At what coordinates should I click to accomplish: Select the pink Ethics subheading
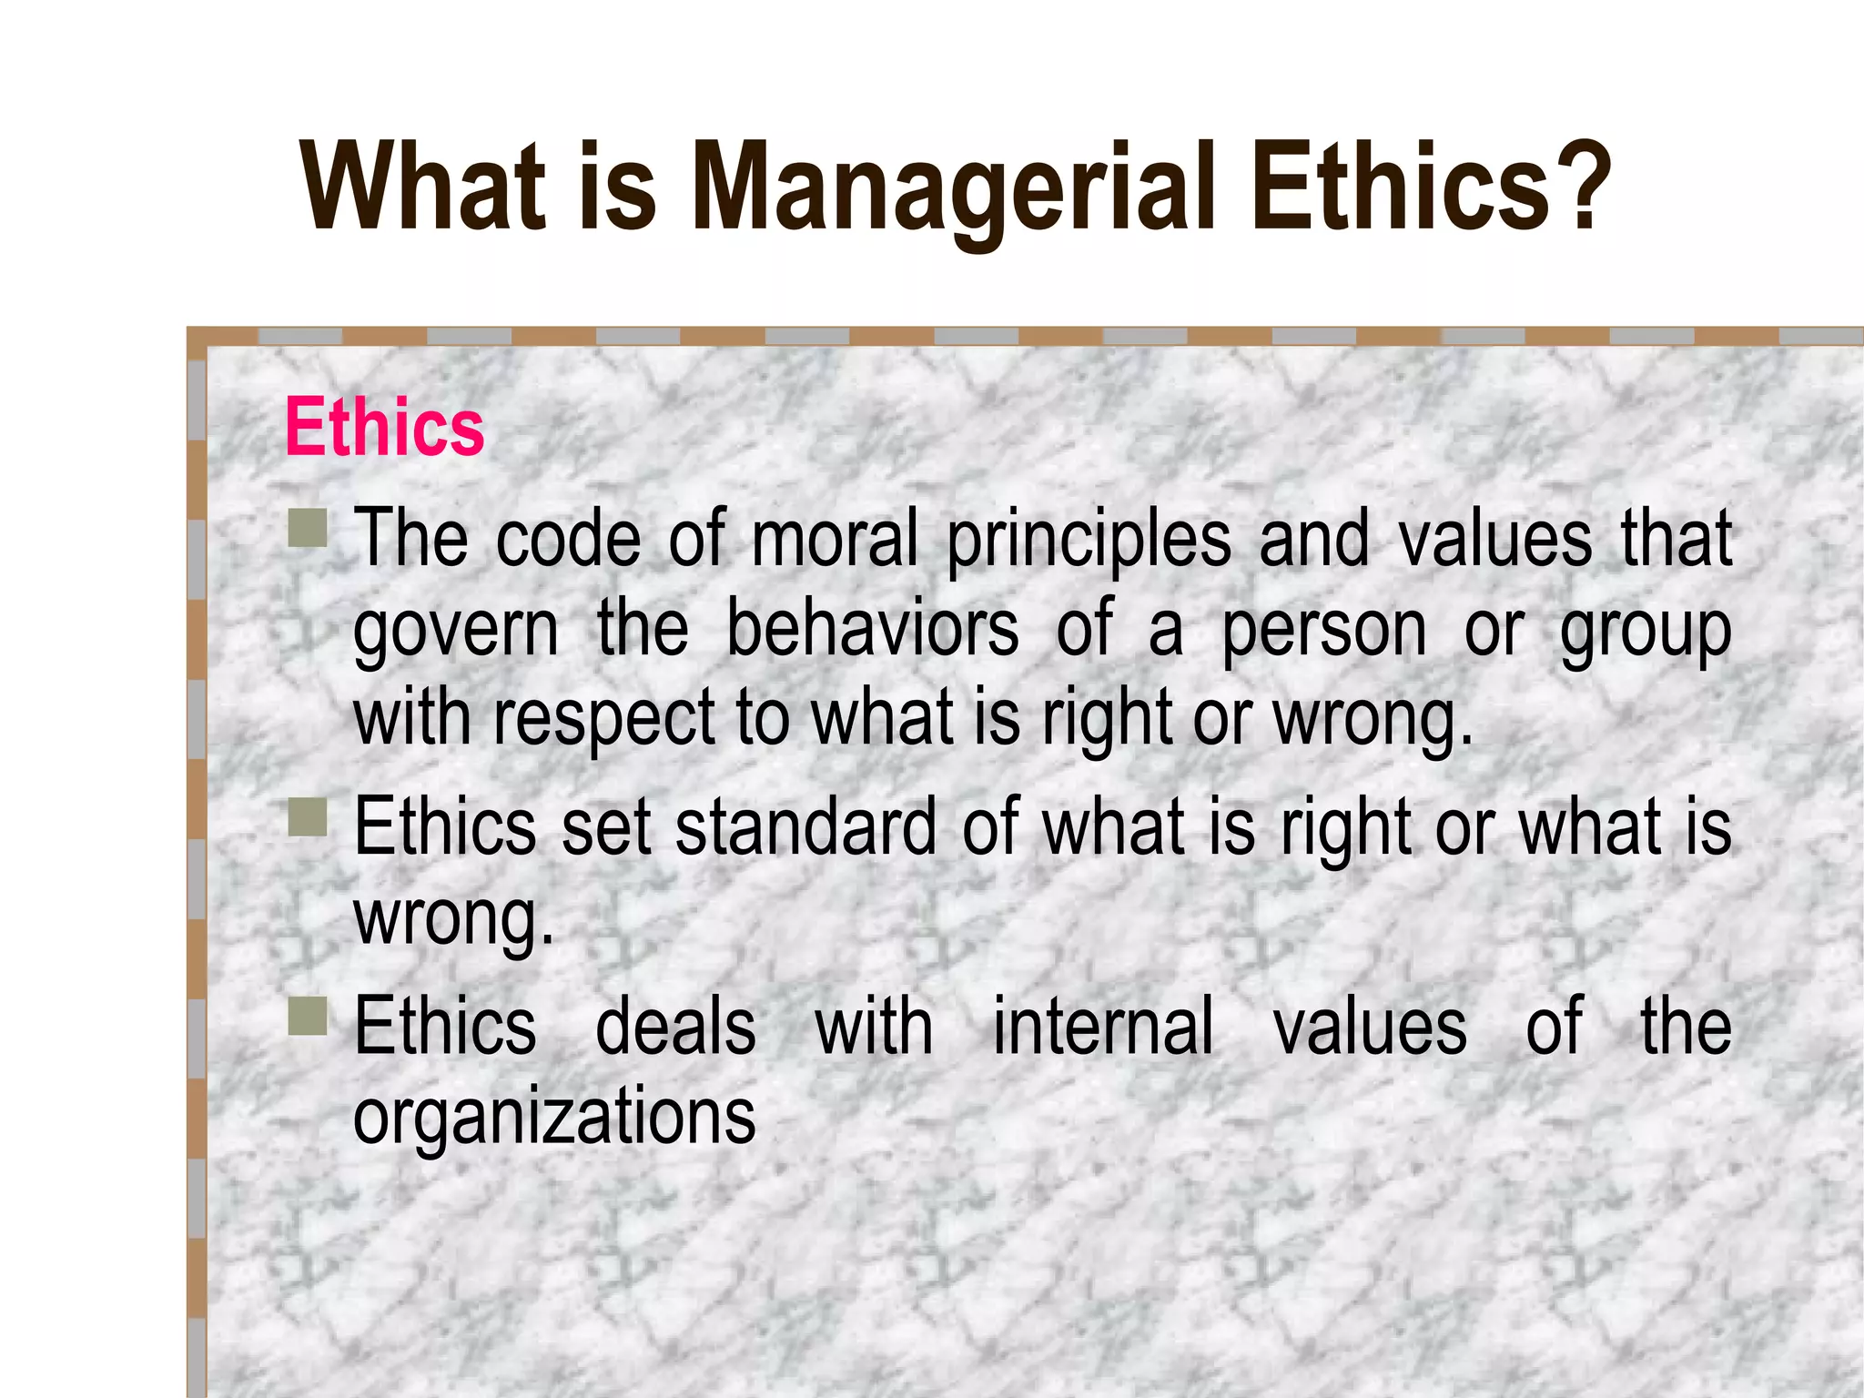click(x=384, y=427)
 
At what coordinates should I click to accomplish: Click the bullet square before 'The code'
click(x=307, y=529)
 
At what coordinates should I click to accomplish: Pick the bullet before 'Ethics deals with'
click(x=307, y=1016)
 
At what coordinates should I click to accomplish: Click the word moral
click(x=835, y=539)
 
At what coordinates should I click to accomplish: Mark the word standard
click(x=806, y=826)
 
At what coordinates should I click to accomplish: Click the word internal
click(x=1103, y=1026)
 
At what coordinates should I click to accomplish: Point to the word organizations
click(x=554, y=1117)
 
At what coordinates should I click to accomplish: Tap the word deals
click(x=675, y=1026)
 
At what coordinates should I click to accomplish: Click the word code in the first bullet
click(x=568, y=539)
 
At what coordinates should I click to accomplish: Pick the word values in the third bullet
click(x=1369, y=1026)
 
